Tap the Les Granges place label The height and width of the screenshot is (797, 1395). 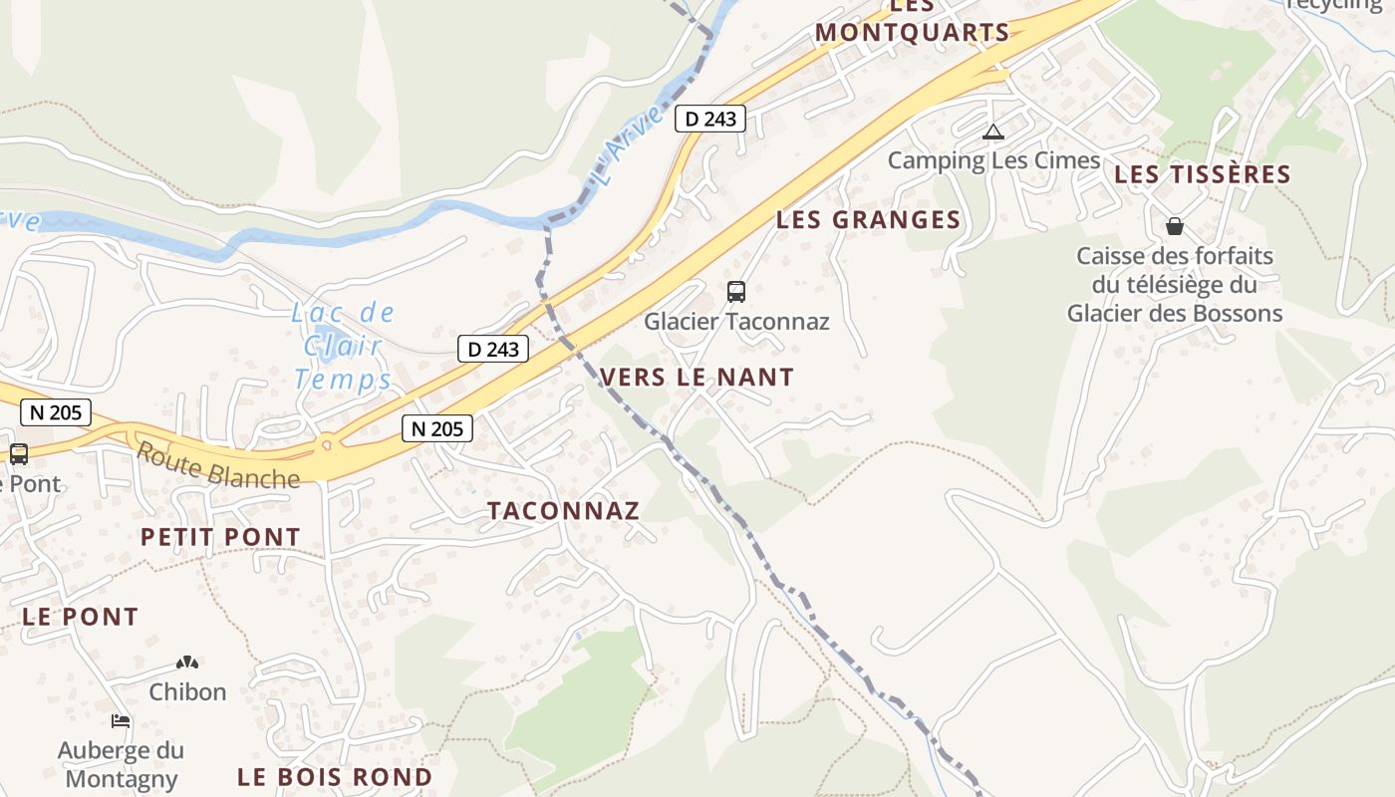pyautogui.click(x=868, y=220)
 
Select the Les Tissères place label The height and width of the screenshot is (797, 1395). pyautogui.click(x=1202, y=174)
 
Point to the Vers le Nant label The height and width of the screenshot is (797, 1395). pyautogui.click(x=697, y=377)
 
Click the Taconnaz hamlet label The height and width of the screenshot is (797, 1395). pyautogui.click(x=563, y=511)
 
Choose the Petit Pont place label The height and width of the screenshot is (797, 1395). pyautogui.click(x=220, y=537)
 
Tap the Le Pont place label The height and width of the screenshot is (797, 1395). pyautogui.click(x=80, y=617)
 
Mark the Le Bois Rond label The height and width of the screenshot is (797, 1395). pyautogui.click(x=335, y=777)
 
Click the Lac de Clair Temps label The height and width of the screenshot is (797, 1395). pyautogui.click(x=343, y=346)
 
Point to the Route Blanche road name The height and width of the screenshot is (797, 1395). pyautogui.click(x=217, y=465)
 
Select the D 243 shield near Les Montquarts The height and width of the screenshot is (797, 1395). pyautogui.click(x=710, y=119)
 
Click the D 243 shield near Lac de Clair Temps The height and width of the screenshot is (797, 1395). pyautogui.click(x=493, y=349)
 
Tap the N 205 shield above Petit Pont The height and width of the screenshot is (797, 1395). pyautogui.click(x=55, y=411)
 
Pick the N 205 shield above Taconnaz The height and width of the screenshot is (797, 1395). pyautogui.click(x=437, y=428)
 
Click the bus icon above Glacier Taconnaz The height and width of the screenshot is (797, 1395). pyautogui.click(x=736, y=292)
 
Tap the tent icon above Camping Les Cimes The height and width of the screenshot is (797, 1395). pyautogui.click(x=992, y=132)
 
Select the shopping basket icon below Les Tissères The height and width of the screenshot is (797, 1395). pyautogui.click(x=1175, y=226)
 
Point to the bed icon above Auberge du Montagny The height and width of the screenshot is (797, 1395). pyautogui.click(x=121, y=720)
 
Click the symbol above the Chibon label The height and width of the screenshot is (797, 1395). pyautogui.click(x=187, y=662)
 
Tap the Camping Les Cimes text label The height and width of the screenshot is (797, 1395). pyautogui.click(x=993, y=160)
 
